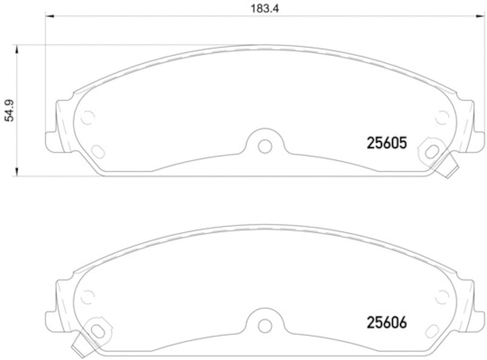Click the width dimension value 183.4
(x=259, y=9)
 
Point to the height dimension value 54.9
(x=9, y=110)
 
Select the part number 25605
(x=385, y=143)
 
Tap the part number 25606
(x=385, y=322)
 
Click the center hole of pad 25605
(x=264, y=146)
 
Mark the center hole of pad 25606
(x=264, y=325)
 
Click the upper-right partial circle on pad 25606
(x=443, y=296)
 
